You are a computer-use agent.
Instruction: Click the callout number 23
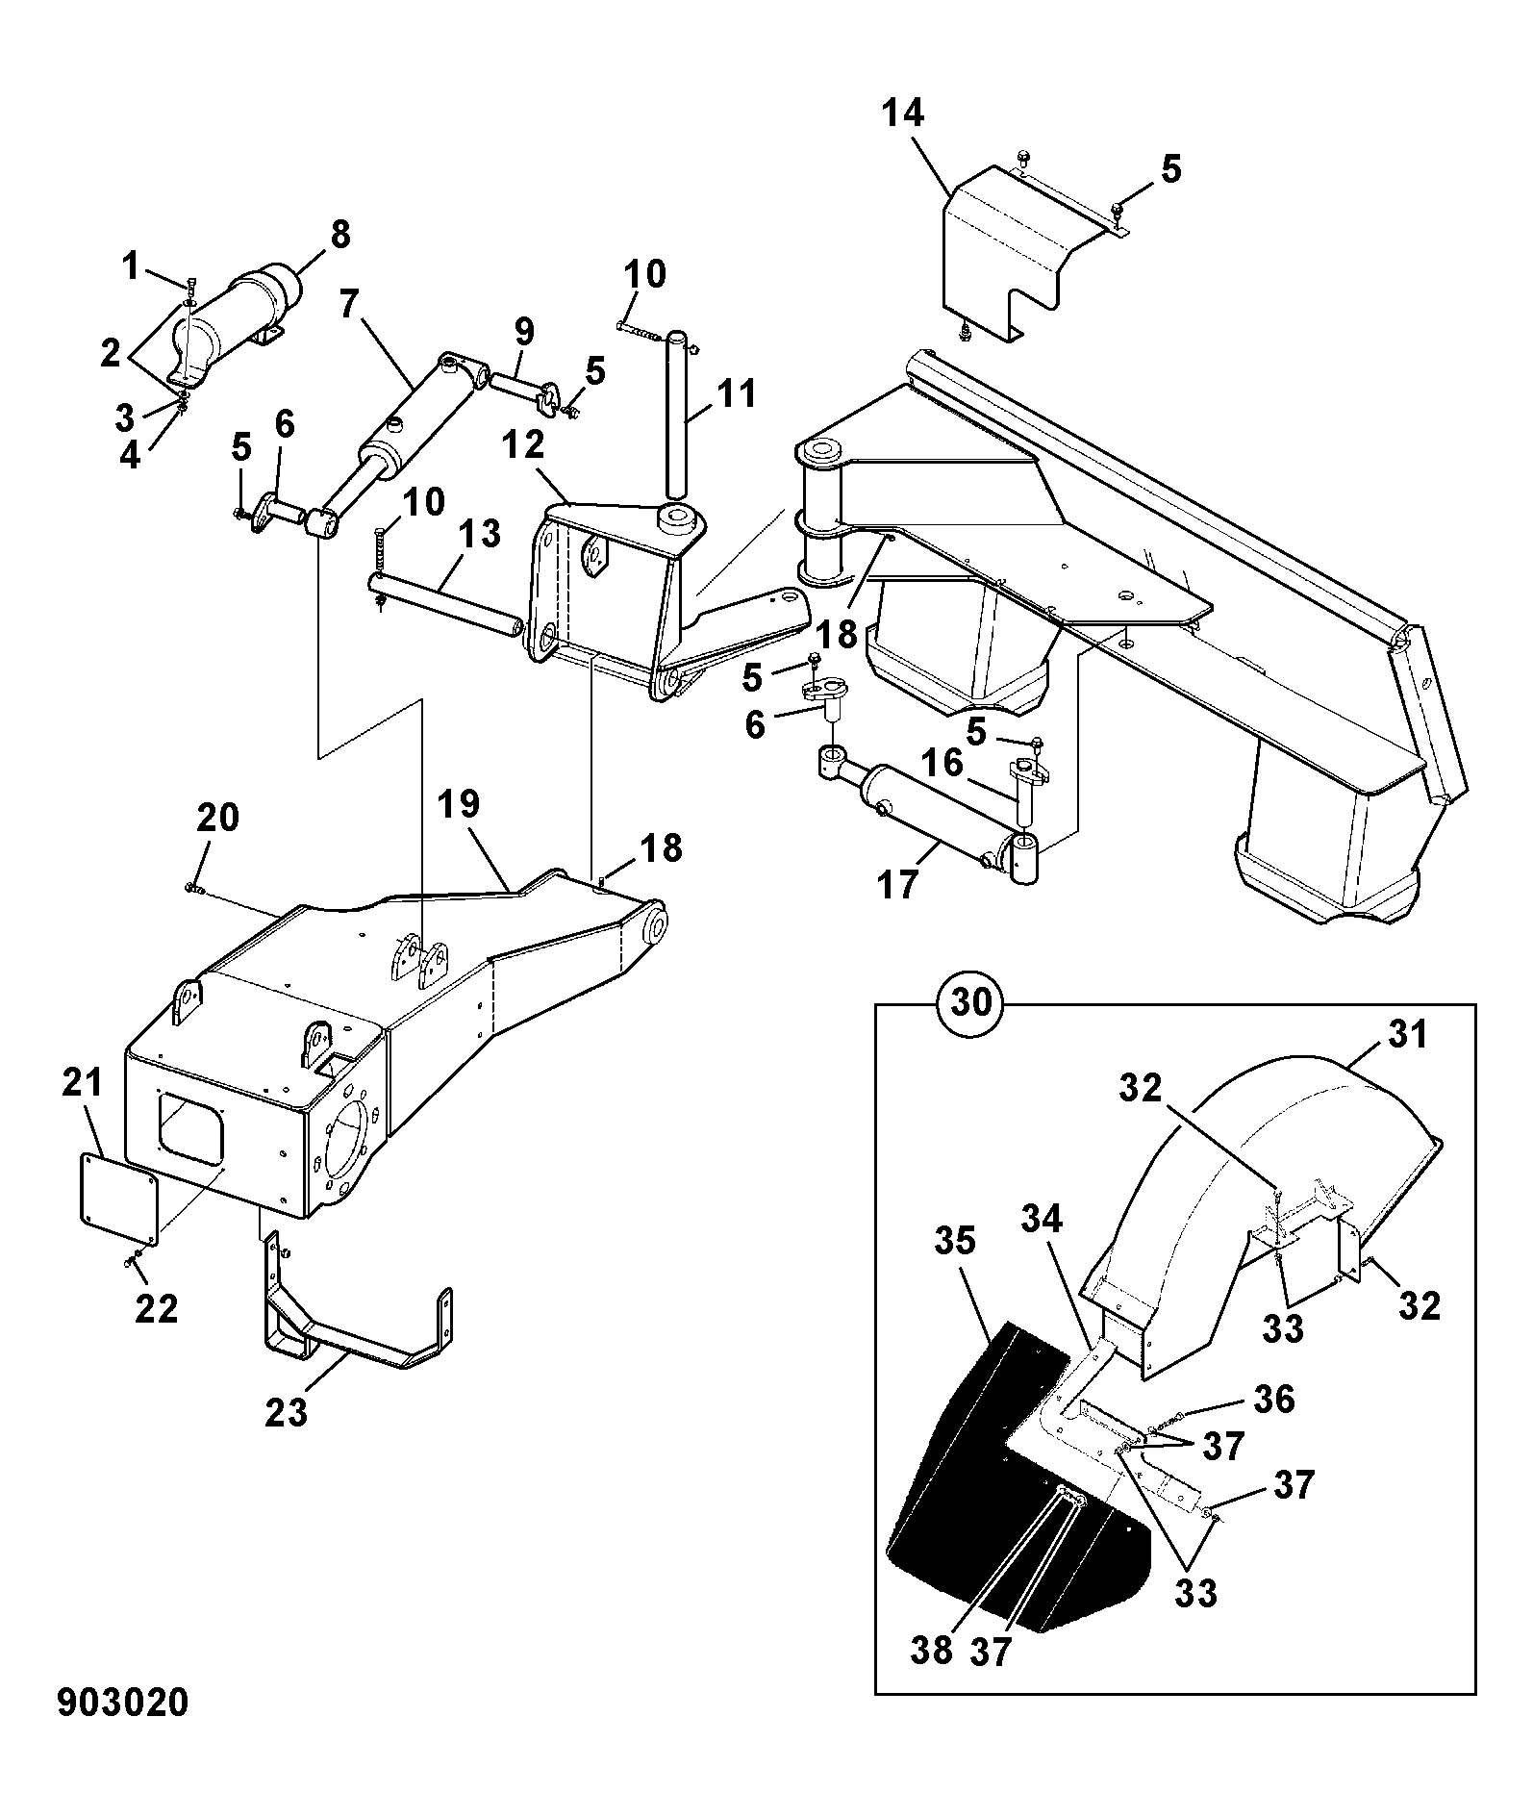tap(287, 1413)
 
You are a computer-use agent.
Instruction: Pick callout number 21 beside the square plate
tap(83, 1084)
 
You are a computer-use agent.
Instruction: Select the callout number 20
tap(217, 818)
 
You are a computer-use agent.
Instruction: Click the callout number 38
tap(931, 1648)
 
